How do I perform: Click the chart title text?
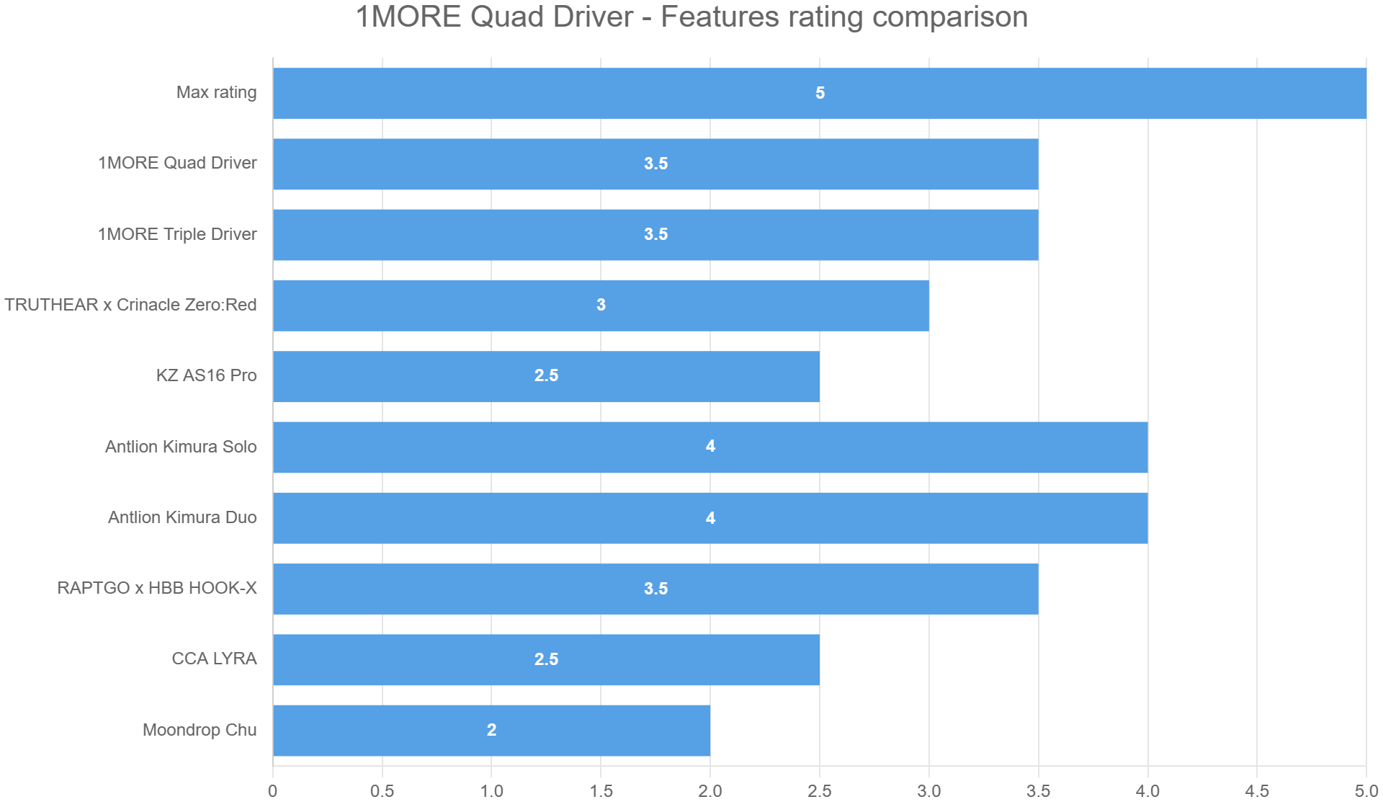pos(691,17)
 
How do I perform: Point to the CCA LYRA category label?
pos(214,659)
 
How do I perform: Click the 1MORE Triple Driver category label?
pos(177,234)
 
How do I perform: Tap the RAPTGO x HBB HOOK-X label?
pos(157,588)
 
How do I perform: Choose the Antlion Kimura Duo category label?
pos(182,517)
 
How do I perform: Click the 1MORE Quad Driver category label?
pos(177,163)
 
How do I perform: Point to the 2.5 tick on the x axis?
pos(820,791)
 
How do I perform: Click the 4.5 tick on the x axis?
pos(1257,791)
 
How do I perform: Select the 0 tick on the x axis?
pos(273,791)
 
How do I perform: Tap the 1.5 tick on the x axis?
pos(601,791)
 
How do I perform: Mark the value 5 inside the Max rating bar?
pos(820,93)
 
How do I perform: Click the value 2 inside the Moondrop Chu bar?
pos(491,730)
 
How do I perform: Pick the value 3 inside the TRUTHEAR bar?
pos(601,305)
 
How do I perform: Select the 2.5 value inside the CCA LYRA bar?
pos(546,659)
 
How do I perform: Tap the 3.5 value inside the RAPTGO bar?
pos(655,589)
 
